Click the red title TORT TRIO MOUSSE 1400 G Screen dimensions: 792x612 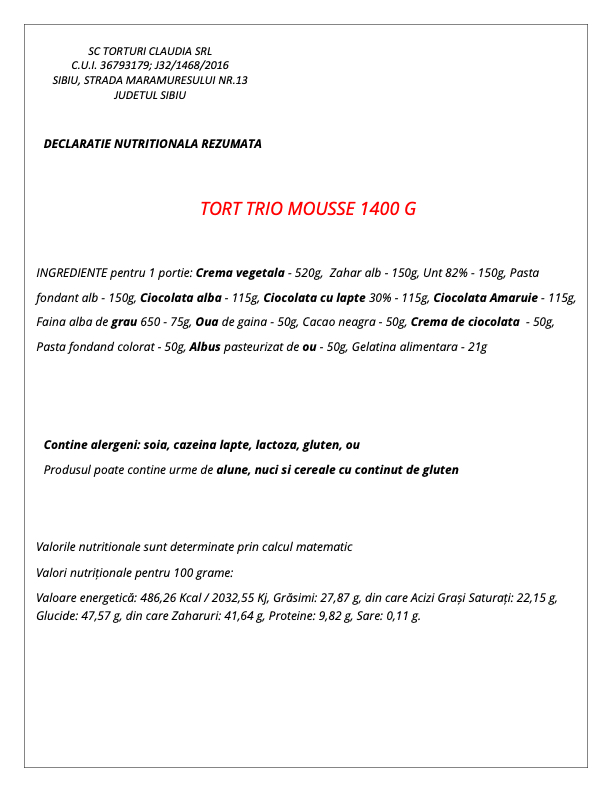(307, 209)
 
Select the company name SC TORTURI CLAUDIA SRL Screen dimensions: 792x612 (150, 51)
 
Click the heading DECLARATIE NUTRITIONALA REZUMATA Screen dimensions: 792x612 (153, 144)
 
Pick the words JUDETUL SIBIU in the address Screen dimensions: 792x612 (150, 96)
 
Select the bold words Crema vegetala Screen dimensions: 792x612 (240, 272)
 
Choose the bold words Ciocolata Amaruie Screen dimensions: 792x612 (491, 297)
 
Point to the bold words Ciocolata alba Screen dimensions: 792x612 (181, 297)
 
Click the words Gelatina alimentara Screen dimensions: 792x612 (404, 347)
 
